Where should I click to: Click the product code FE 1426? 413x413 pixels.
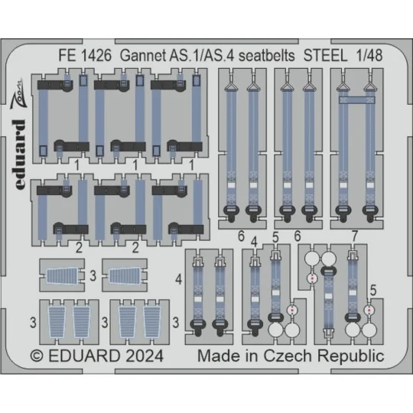pos(85,56)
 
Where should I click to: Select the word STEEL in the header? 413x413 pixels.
pos(326,56)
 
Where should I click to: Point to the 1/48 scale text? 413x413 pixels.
pos(369,56)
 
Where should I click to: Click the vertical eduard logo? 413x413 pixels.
pos(20,154)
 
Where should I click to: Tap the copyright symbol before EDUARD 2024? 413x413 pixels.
pos(37,356)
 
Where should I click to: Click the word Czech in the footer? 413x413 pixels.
pos(288,356)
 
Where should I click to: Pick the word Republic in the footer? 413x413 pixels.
pos(350,356)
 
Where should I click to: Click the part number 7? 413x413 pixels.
pos(355,236)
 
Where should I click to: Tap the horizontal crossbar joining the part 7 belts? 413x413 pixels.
pos(356,100)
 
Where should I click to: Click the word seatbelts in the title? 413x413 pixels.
pos(267,56)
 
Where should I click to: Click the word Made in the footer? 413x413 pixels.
pos(217,356)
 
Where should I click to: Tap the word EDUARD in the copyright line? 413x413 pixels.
pos(84,356)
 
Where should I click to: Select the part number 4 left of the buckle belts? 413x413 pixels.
pos(178,279)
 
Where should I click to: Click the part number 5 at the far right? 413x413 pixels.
pos(373,291)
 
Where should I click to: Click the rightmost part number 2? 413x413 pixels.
pos(135,248)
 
